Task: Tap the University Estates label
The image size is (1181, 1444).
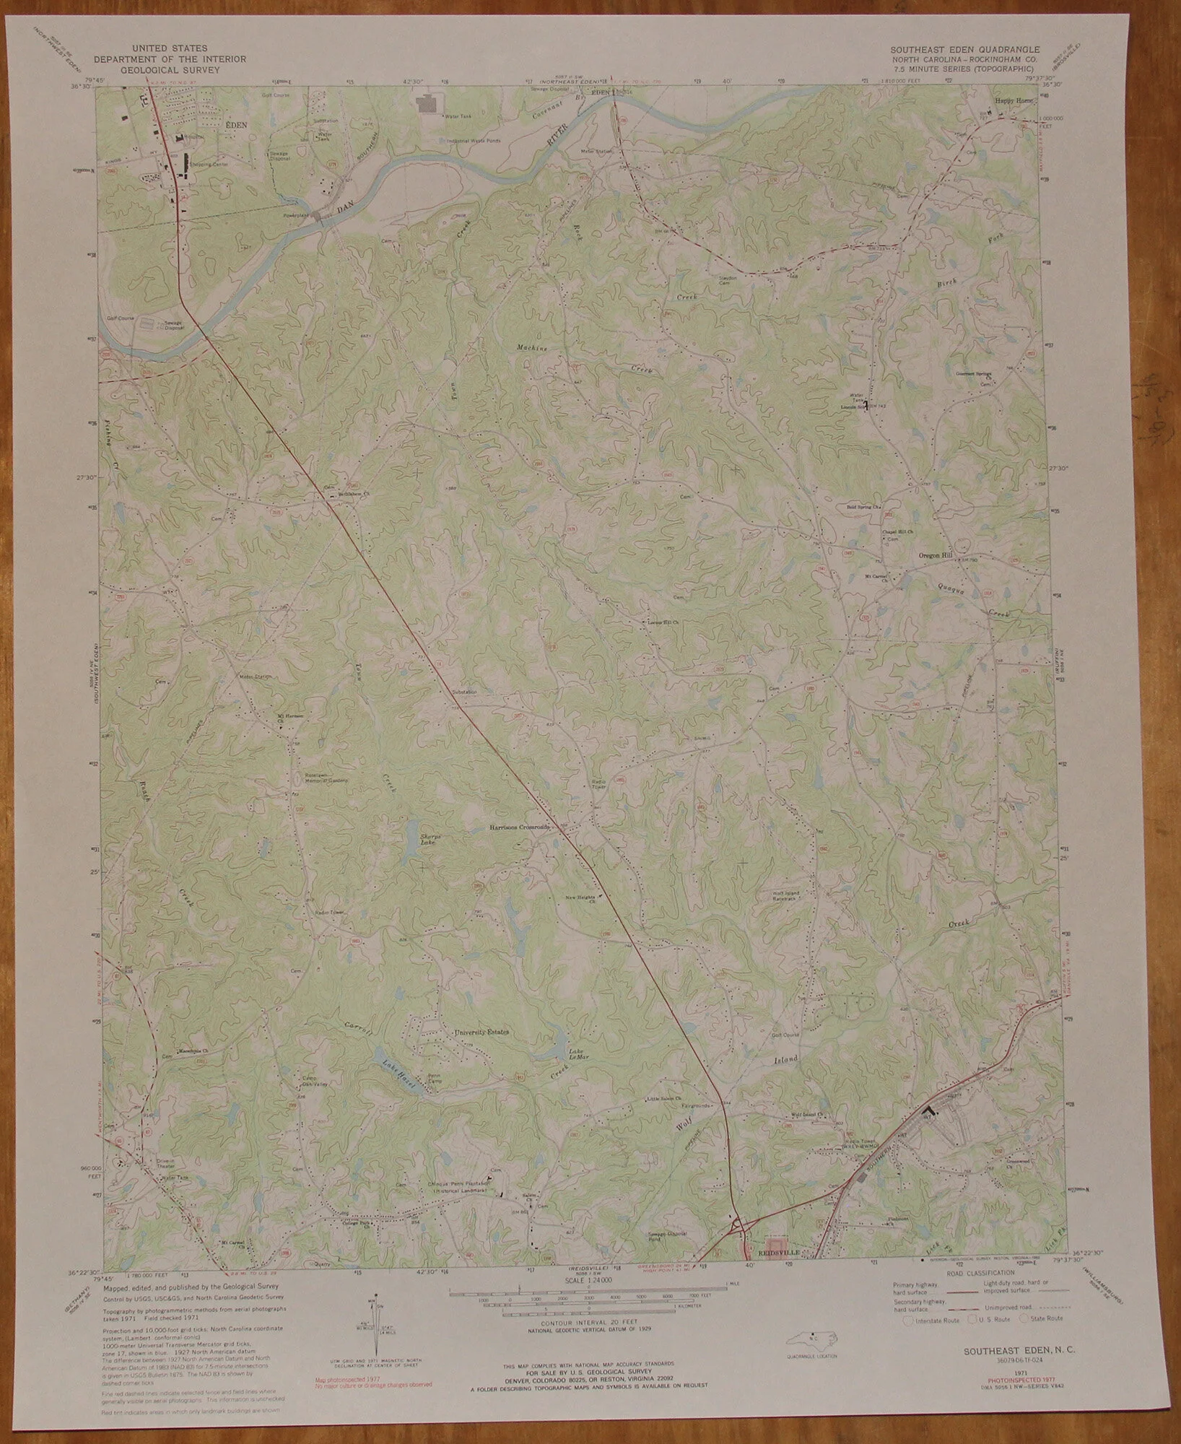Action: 481,1032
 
